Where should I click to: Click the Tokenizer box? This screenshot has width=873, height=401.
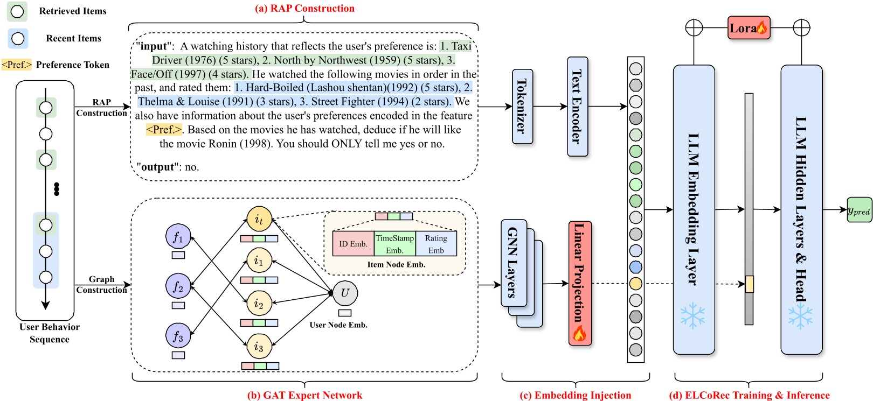point(522,107)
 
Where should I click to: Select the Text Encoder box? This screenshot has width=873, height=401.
point(577,107)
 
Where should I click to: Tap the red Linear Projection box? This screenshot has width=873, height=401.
point(580,283)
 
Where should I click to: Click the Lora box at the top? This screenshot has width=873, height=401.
point(749,28)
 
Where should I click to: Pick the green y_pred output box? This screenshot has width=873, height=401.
point(859,210)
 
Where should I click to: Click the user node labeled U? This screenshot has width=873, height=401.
point(345,293)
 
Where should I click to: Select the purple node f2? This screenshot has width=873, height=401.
point(178,286)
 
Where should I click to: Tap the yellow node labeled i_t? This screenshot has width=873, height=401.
point(259,220)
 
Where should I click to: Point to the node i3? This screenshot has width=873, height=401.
point(259,346)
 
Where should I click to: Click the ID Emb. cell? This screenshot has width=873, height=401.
point(353,244)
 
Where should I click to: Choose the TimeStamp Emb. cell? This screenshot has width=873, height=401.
point(394,244)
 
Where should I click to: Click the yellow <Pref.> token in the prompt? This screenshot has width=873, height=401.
point(164,130)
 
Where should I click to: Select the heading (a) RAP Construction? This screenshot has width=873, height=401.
point(304,8)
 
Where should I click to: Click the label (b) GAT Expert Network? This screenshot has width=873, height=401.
point(304,395)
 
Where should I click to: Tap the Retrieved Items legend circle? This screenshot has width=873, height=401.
point(17,11)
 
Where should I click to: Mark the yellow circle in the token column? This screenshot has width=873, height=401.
point(636,283)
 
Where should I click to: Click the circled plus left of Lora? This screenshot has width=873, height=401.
point(694,27)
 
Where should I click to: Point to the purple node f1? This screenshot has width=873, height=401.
point(178,237)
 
